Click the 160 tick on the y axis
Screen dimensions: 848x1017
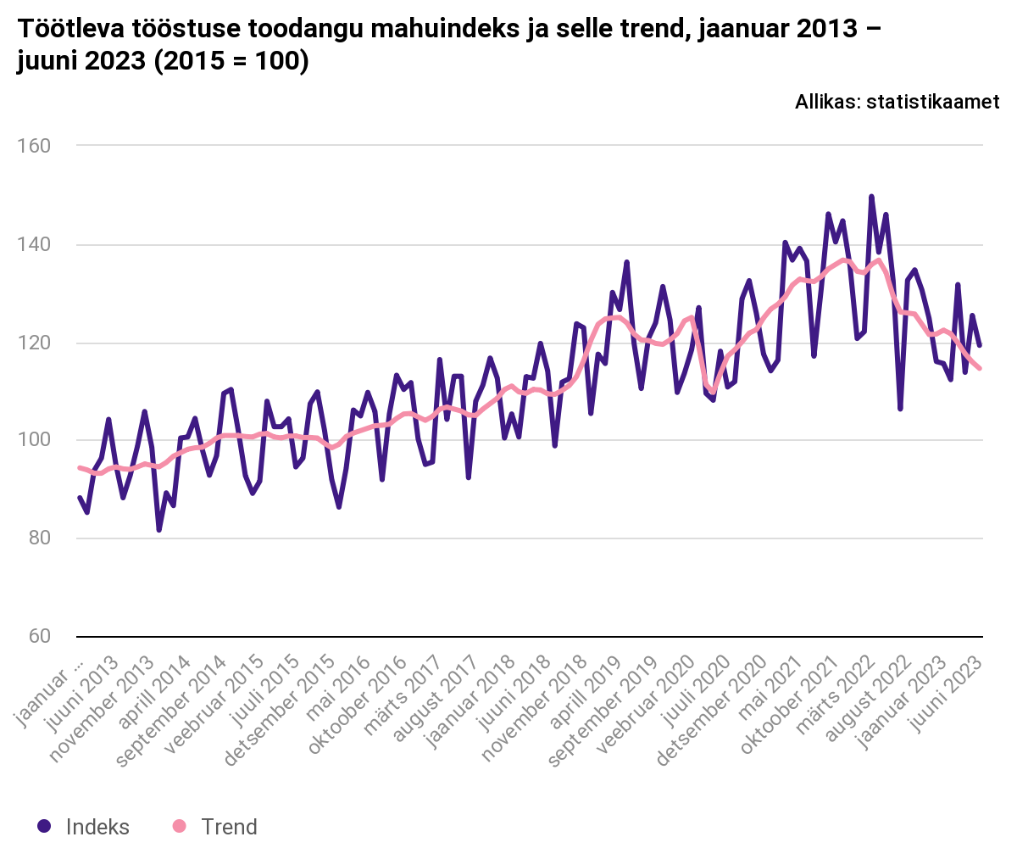tap(34, 146)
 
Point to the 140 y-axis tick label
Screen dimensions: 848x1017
tap(34, 245)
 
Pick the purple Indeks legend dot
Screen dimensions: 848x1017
tap(45, 826)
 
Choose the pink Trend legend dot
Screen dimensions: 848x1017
tap(178, 826)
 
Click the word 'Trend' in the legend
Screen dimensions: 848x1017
tap(229, 826)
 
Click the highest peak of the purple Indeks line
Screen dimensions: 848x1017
tap(871, 197)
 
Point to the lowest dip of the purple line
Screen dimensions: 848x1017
tap(158, 530)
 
